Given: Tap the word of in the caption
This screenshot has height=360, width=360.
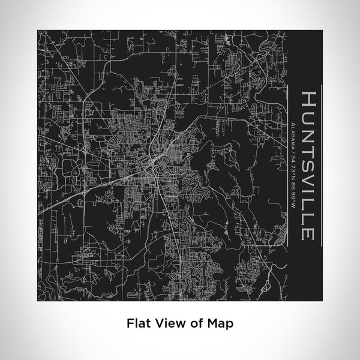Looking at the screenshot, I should [x=191, y=322].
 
